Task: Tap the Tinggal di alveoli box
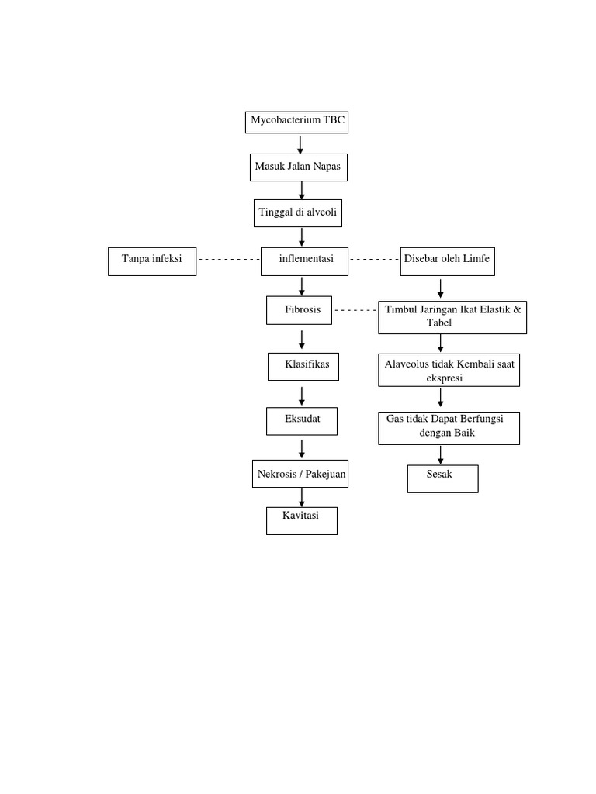[298, 212]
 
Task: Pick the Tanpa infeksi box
[151, 261]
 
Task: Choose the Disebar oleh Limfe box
[447, 261]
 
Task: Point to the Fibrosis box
[300, 309]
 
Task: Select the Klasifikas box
[303, 366]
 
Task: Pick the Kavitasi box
[302, 520]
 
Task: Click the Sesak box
[442, 478]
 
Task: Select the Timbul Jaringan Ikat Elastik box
[452, 316]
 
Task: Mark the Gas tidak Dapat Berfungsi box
[449, 427]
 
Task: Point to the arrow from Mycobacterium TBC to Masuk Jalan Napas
[300, 143]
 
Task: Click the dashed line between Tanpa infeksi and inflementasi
[228, 260]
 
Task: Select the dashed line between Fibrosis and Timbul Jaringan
[355, 310]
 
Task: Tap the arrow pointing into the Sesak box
[441, 454]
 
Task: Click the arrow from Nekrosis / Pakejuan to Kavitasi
[302, 497]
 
